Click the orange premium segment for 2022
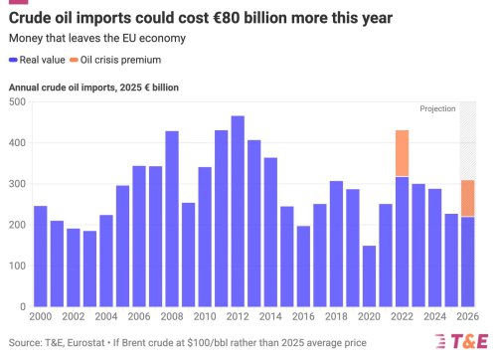coord(402,153)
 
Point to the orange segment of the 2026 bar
coord(467,198)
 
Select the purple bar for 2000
coord(41,259)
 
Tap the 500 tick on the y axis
coord(17,102)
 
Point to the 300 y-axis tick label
coord(17,185)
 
